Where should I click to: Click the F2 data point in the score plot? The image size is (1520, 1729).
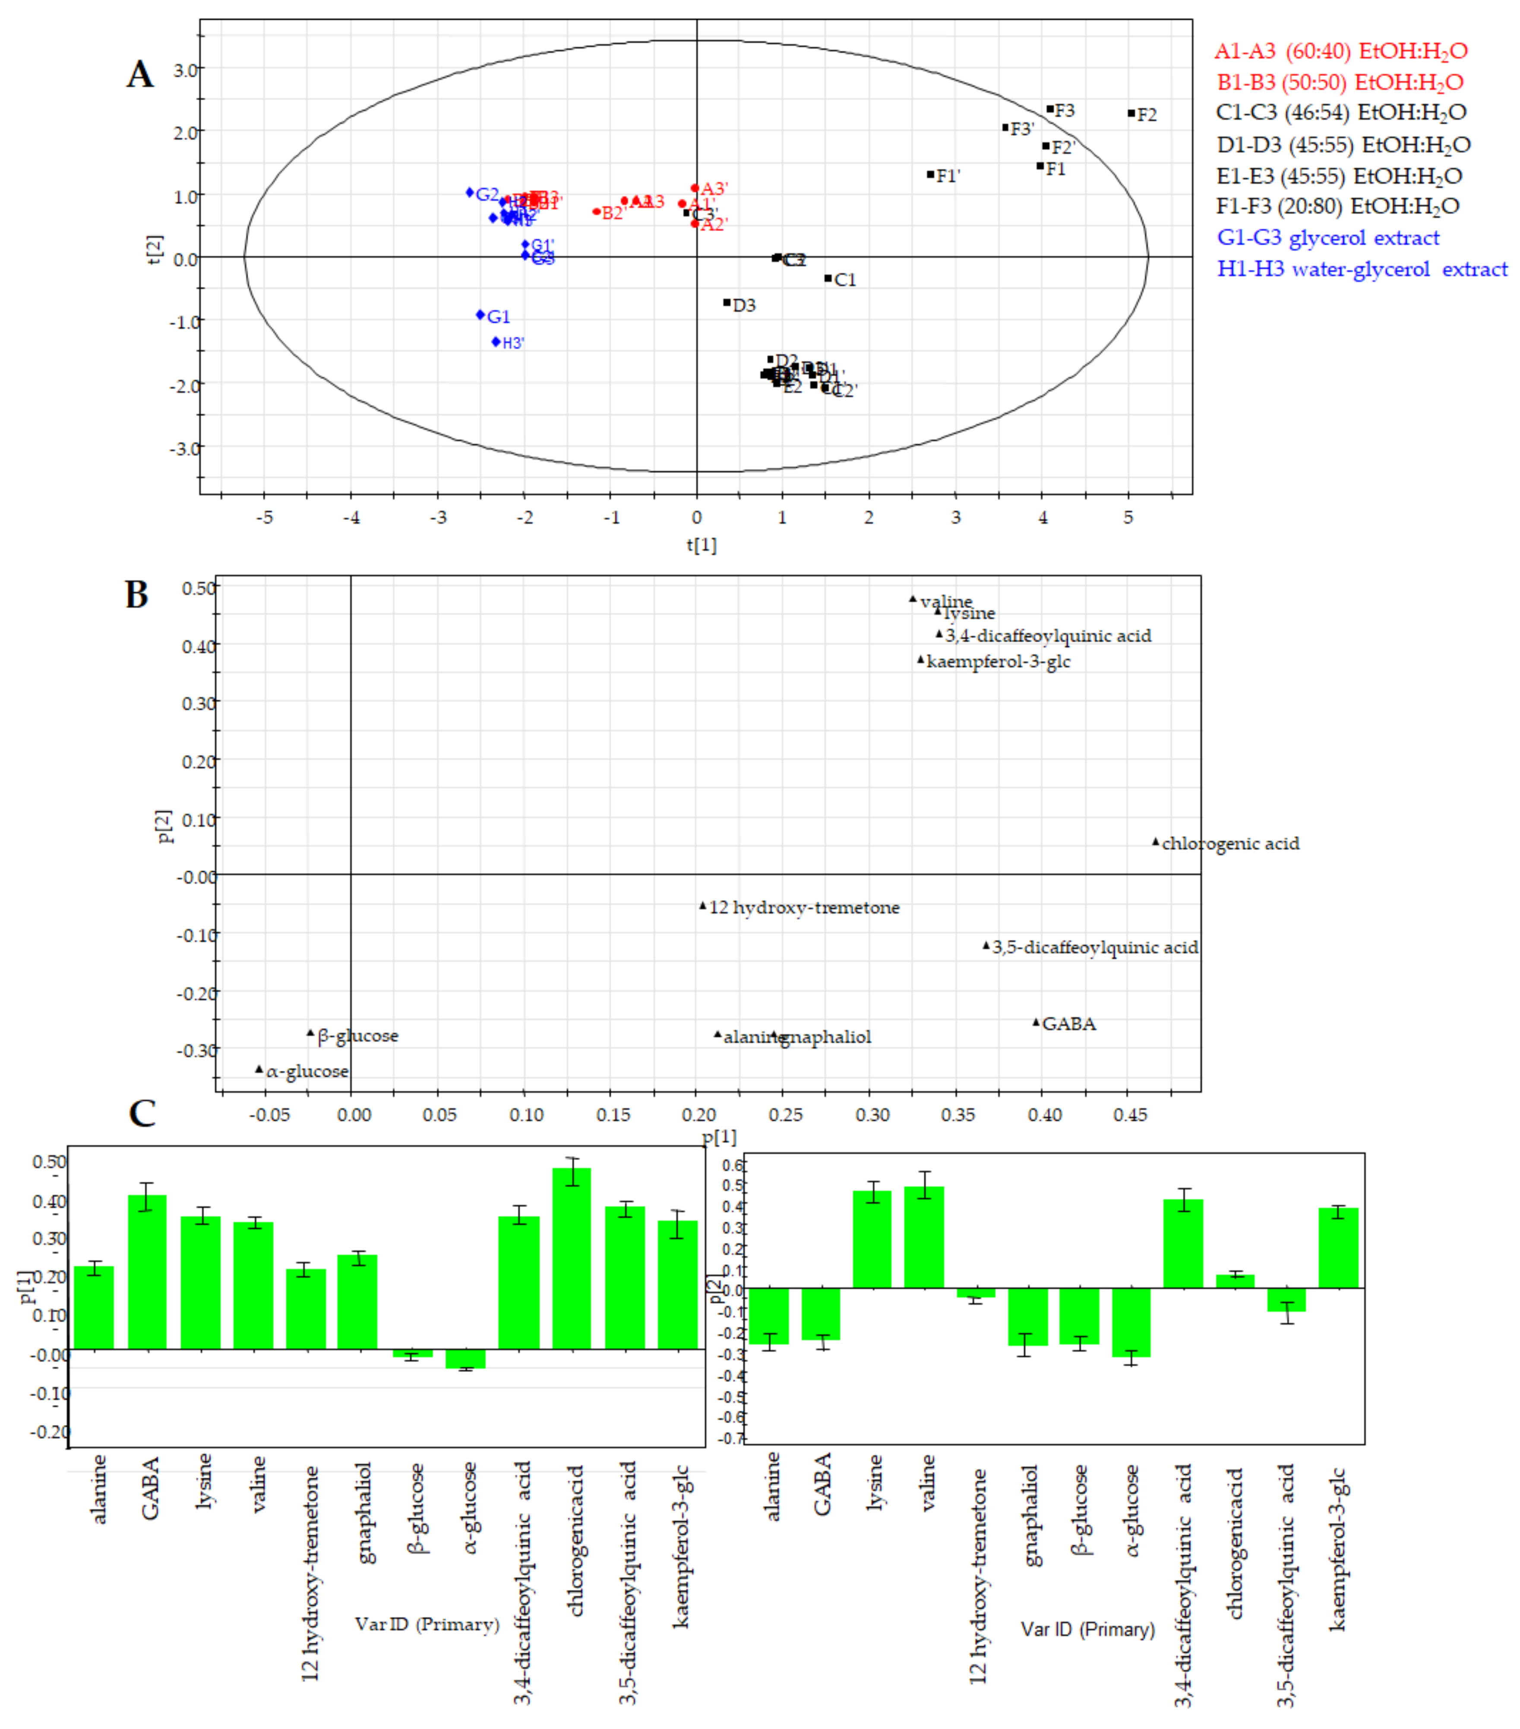click(x=1131, y=113)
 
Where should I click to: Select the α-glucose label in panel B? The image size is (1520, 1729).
click(x=307, y=1072)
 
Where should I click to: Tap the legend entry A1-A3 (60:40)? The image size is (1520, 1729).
click(x=1341, y=51)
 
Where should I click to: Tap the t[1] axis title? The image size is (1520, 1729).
click(x=701, y=545)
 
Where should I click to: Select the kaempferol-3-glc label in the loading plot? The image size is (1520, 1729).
click(x=998, y=662)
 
